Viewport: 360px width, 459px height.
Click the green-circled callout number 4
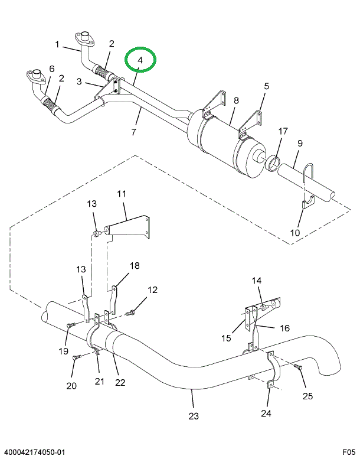140,60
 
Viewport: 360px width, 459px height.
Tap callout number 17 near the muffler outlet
283,131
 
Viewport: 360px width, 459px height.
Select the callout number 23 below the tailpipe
194,416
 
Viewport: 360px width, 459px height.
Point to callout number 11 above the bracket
122,194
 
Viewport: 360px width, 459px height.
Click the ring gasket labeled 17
273,163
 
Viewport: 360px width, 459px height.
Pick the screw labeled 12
130,313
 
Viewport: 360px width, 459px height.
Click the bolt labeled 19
71,325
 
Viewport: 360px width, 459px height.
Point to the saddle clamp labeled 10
307,202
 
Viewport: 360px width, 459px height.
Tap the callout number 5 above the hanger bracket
266,86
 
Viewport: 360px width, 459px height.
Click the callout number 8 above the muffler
236,100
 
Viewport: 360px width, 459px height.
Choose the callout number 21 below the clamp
99,381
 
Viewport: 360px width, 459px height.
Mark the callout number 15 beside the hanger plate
226,338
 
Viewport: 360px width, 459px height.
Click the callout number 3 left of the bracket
79,81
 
